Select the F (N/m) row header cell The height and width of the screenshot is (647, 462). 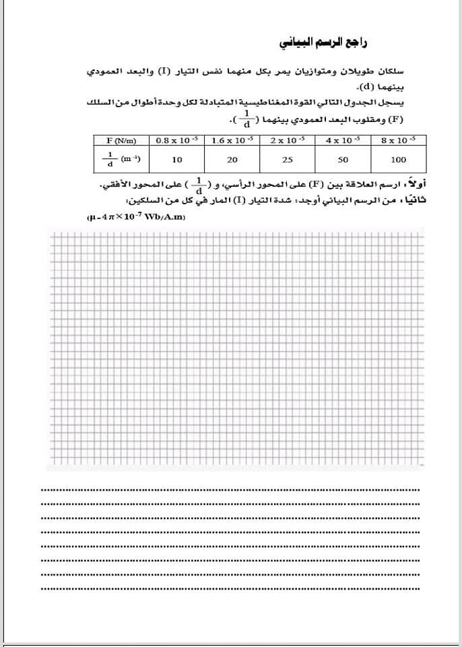[x=122, y=140]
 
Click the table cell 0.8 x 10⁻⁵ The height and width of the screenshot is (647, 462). [x=176, y=140]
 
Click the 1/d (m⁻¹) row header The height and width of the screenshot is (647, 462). [x=122, y=160]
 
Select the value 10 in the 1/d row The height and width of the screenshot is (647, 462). [x=176, y=160]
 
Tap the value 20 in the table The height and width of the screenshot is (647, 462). [x=232, y=160]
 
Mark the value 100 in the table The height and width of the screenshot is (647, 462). [x=398, y=160]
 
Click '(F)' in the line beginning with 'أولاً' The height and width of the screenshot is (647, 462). [x=317, y=185]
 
